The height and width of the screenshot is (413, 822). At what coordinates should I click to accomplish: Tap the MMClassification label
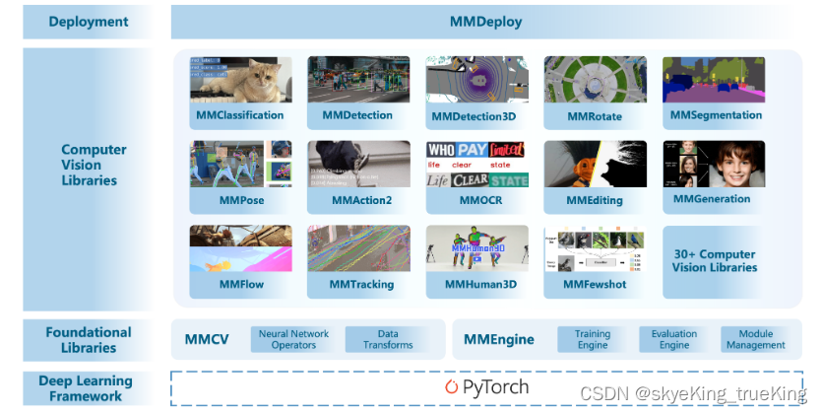239,115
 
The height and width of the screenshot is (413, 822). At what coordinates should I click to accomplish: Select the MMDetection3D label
474,116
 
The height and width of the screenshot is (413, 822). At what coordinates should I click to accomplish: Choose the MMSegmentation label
716,115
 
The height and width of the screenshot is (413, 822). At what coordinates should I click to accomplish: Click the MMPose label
241,200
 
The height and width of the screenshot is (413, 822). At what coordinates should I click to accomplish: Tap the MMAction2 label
361,200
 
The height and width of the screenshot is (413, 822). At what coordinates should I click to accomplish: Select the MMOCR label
476,200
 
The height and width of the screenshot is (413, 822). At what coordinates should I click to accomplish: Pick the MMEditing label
595,200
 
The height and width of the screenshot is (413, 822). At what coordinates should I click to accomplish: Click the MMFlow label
241,285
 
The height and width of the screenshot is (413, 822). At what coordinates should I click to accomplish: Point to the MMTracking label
361,285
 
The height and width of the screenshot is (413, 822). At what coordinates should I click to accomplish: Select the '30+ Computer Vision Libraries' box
715,261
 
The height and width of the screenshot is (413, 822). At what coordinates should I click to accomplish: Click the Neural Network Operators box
293,339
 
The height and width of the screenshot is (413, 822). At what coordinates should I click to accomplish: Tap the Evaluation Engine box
673,339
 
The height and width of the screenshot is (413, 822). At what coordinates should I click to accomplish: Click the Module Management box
755,339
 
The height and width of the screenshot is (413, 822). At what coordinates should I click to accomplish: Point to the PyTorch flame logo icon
452,387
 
